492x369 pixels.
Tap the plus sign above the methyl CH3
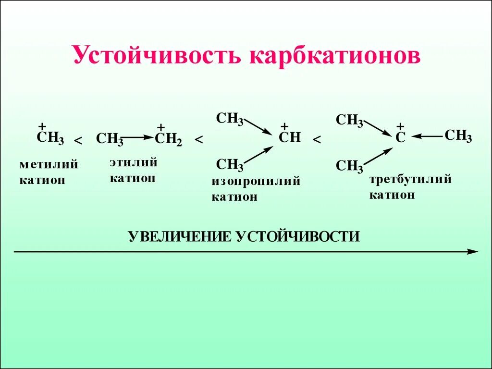(x=42, y=126)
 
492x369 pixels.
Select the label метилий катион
(x=49, y=172)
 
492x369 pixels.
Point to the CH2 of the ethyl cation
(x=168, y=139)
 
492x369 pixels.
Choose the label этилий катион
(x=134, y=170)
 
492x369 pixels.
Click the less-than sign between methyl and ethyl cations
(x=78, y=140)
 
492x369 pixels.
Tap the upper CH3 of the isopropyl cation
(x=230, y=118)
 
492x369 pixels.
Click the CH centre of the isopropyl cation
(x=290, y=138)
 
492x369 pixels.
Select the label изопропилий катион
(x=256, y=189)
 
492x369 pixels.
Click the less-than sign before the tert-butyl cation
(x=317, y=140)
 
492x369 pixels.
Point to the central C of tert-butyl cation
(x=400, y=138)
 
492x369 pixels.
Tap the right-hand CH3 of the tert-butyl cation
(x=458, y=136)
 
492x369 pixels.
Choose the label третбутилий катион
(x=410, y=187)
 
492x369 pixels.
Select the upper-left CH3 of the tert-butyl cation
(x=349, y=120)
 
